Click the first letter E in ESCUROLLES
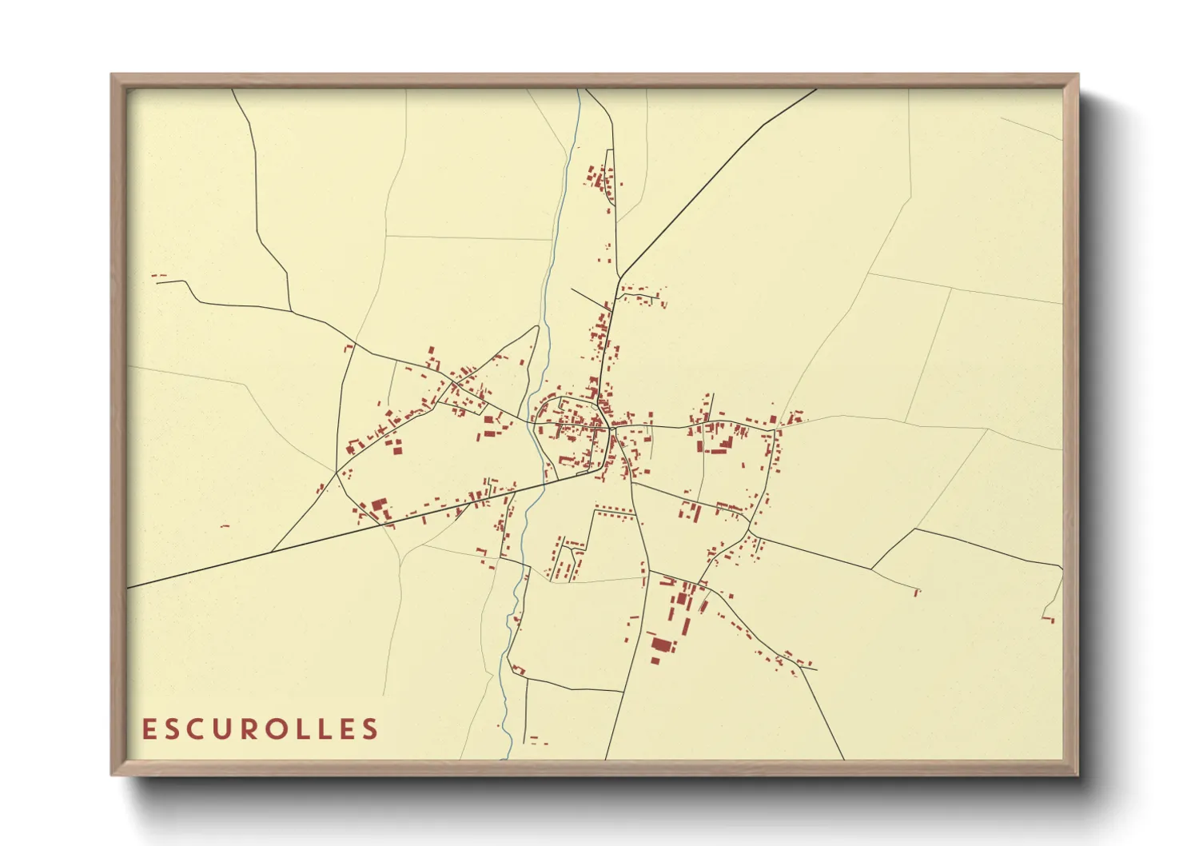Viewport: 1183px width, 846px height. pos(149,729)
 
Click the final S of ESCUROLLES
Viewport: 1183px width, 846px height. pos(370,729)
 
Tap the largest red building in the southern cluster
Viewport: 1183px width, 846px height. pos(661,644)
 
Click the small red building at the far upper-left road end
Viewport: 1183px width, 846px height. pos(158,276)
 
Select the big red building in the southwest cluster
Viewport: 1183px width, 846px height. pos(379,506)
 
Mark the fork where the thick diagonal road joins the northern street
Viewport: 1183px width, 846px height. pos(619,278)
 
